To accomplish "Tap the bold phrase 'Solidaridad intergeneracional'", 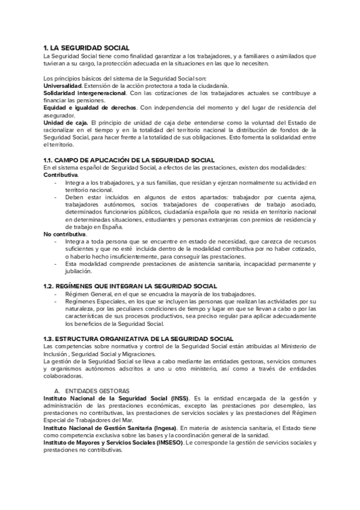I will coord(85,94).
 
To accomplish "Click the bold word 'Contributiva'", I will coord(61,174).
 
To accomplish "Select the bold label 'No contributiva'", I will coord(64,233).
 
